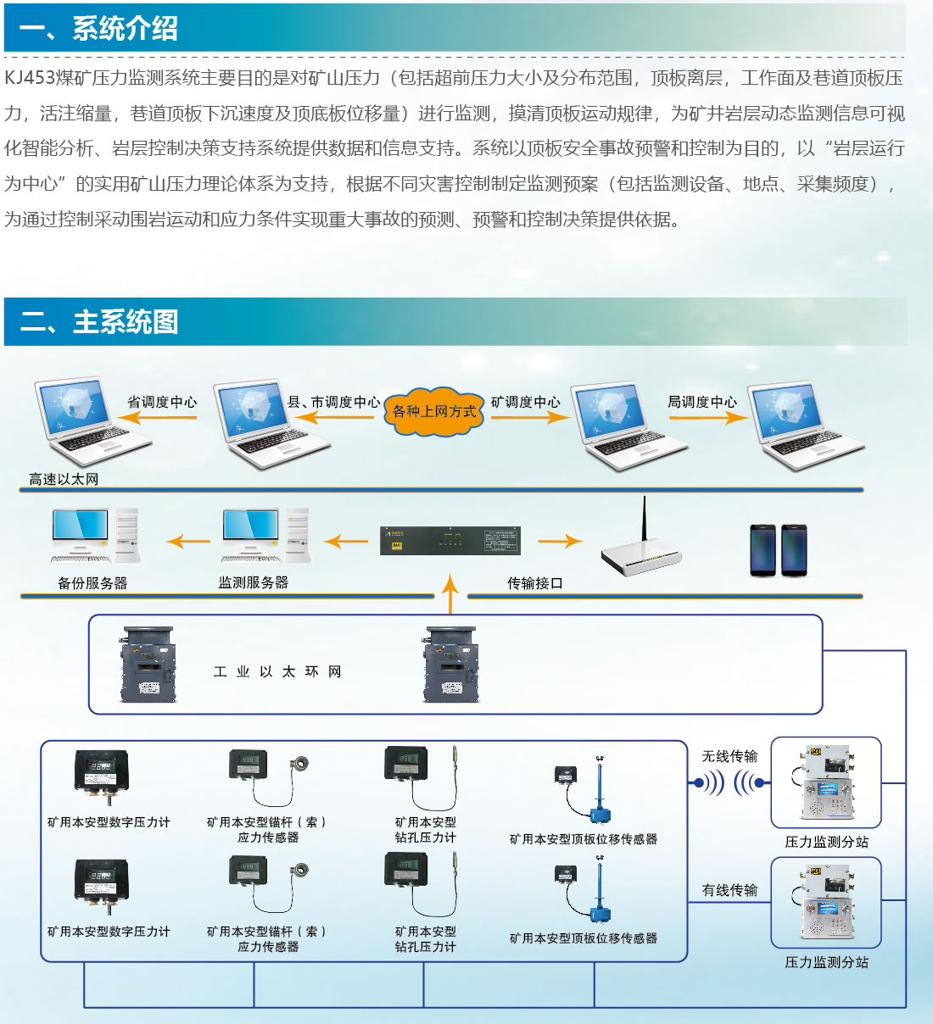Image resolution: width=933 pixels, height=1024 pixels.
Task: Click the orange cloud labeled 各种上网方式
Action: [434, 412]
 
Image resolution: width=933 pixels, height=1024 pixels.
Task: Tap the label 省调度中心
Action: [161, 402]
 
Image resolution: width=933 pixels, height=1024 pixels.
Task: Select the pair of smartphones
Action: [779, 550]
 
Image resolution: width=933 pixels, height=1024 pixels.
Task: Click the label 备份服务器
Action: [92, 583]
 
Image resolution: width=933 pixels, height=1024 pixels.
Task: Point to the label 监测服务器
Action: [253, 582]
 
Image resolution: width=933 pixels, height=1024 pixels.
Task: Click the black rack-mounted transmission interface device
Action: [450, 541]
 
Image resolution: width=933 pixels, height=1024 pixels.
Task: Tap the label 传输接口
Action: [534, 583]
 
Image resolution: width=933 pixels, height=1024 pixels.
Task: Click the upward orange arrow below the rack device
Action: [450, 593]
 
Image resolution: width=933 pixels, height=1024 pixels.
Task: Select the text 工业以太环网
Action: [277, 671]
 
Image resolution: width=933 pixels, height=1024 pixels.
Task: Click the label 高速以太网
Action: [64, 479]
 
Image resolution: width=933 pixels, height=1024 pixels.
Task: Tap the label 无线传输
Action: [729, 756]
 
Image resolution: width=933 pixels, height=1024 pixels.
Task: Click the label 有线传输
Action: [729, 890]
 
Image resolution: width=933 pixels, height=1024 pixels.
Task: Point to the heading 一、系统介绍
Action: [98, 28]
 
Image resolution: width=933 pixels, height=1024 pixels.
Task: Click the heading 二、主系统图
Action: [99, 322]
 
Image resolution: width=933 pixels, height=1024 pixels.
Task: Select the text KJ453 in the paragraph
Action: [30, 78]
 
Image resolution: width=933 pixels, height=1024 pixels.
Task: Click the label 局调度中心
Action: [702, 402]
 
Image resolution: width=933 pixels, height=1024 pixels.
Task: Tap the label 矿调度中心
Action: [526, 402]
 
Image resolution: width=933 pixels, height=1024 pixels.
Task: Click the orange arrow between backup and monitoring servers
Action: [188, 541]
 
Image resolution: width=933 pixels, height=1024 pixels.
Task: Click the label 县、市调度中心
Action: [333, 402]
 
